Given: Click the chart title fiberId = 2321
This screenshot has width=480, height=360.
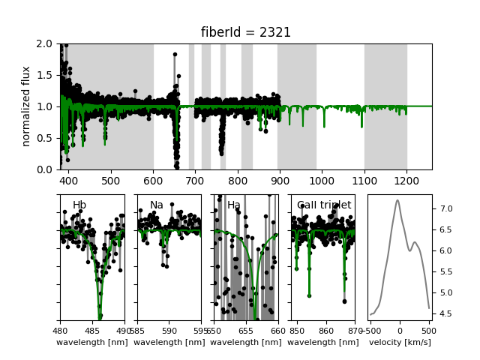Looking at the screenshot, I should click(245, 32).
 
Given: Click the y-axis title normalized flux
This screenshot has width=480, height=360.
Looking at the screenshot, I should click(26, 106).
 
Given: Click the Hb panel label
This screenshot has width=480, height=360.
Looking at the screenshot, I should click(79, 205).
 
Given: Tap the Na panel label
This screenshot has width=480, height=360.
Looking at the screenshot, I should click(157, 205).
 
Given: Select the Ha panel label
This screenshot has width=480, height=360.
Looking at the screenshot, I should click(234, 205).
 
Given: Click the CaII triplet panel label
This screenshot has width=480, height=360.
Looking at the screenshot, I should click(324, 205).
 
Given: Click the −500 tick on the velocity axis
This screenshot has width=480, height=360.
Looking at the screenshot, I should click(370, 330).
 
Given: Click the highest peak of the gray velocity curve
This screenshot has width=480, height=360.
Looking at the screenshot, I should click(397, 199).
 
